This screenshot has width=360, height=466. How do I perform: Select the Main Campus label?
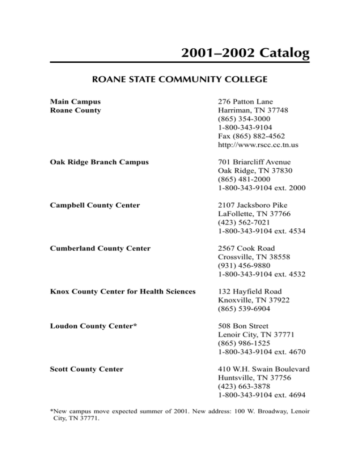pos(75,101)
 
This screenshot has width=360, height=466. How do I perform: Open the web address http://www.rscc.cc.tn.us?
pos(258,145)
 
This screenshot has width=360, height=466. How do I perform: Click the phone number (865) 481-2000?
pos(242,180)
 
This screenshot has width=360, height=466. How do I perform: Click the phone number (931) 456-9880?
pos(242,266)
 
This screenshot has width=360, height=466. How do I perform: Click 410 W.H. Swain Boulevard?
pos(264,369)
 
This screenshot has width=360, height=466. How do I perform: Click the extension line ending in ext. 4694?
pos(262,395)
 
